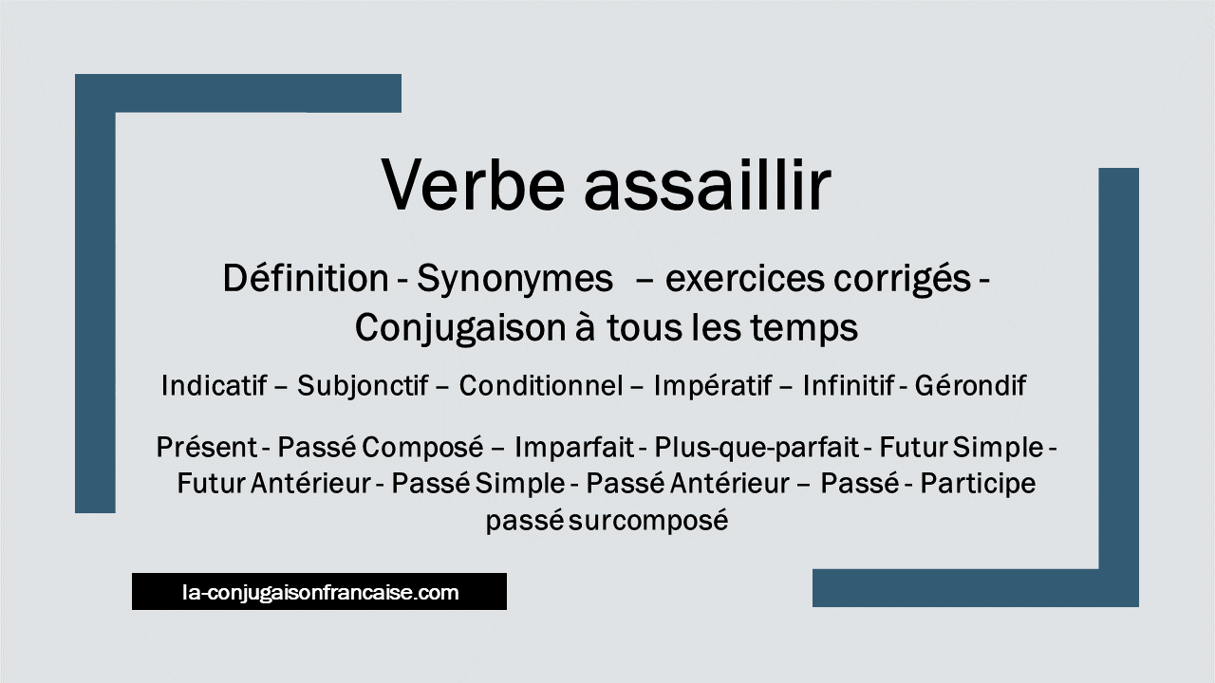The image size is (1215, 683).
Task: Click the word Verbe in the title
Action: coord(474,184)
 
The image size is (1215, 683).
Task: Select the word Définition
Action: coord(306,279)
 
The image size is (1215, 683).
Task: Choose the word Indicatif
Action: coord(214,385)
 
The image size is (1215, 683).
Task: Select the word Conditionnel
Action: coord(541,385)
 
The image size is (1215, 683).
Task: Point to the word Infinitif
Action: coord(849,385)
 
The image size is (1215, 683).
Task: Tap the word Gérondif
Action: coord(970,385)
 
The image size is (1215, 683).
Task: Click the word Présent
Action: coord(207,447)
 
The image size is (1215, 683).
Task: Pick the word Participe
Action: coord(978,484)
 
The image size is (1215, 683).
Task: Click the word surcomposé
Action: coord(648,522)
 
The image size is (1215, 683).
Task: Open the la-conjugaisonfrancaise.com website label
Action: coord(320,592)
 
